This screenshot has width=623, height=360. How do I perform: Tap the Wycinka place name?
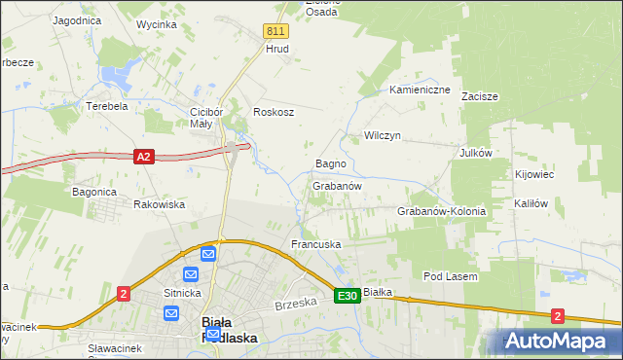tap(157, 23)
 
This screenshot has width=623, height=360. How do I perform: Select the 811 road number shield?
tap(275, 31)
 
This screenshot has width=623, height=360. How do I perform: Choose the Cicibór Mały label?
tap(208, 117)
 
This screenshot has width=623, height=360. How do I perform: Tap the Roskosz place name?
tap(274, 112)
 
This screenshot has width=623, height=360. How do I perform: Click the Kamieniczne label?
tap(420, 90)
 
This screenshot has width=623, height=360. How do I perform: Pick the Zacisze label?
tap(481, 96)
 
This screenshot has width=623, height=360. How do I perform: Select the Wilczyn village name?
tap(383, 136)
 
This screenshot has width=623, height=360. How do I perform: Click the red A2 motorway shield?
tap(144, 156)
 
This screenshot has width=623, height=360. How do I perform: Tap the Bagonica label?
tap(94, 192)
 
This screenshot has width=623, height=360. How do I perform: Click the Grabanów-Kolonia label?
tap(441, 211)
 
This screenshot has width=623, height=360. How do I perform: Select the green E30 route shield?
tap(348, 295)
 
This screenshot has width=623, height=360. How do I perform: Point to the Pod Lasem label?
tap(450, 276)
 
